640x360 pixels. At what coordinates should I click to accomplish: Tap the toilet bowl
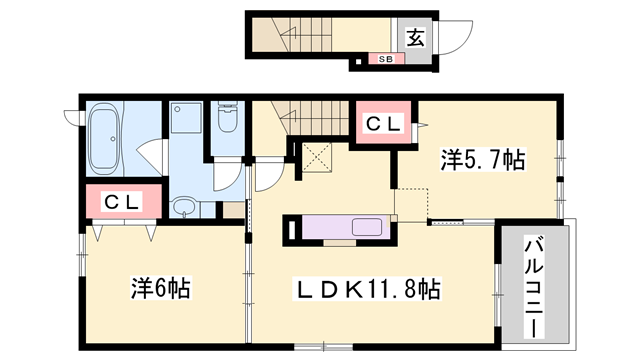click(226, 120)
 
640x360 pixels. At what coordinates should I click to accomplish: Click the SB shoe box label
click(385, 59)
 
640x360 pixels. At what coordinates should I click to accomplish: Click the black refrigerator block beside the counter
click(292, 229)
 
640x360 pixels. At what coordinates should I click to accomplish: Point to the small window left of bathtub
click(69, 115)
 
